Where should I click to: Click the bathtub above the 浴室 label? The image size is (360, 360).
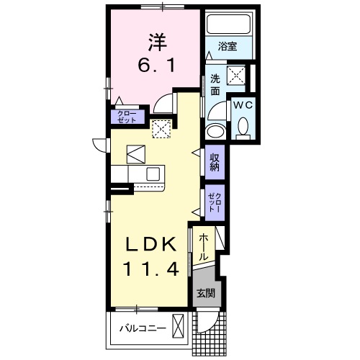click(x=228, y=26)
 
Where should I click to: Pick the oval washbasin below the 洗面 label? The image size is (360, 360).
click(x=214, y=131)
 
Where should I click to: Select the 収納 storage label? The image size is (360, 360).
click(x=214, y=162)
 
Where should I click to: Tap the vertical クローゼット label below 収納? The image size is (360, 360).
click(x=214, y=199)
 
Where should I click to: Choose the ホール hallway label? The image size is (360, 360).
click(x=204, y=246)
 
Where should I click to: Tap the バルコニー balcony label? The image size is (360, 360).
click(x=143, y=329)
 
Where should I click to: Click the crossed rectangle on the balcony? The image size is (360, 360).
click(x=179, y=327)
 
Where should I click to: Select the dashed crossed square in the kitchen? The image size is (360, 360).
click(x=161, y=128)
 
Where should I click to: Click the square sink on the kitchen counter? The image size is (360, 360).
click(x=153, y=174)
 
